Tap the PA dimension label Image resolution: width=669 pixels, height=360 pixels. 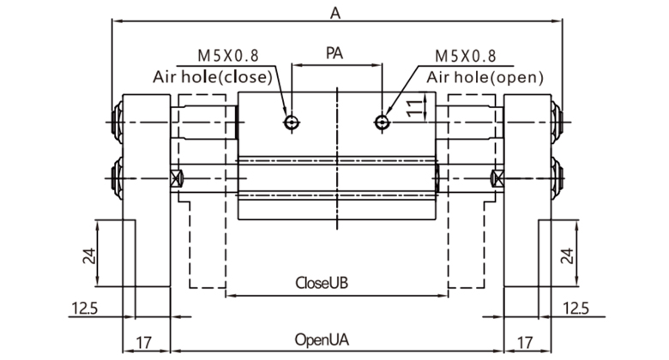pyautogui.click(x=336, y=53)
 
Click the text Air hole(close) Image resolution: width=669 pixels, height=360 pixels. pyautogui.click(x=213, y=76)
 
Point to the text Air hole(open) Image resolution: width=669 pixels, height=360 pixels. pyautogui.click(x=485, y=76)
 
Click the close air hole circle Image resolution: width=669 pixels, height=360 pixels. pyautogui.click(x=293, y=123)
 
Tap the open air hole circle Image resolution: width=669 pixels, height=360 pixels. pyautogui.click(x=382, y=123)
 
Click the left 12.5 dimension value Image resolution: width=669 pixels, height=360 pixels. pyautogui.click(x=84, y=308)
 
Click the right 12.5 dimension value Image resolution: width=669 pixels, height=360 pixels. pyautogui.click(x=576, y=308)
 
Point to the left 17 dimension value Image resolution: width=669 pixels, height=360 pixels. pyautogui.click(x=146, y=343)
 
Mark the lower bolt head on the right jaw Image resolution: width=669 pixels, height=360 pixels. pyautogui.click(x=558, y=178)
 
